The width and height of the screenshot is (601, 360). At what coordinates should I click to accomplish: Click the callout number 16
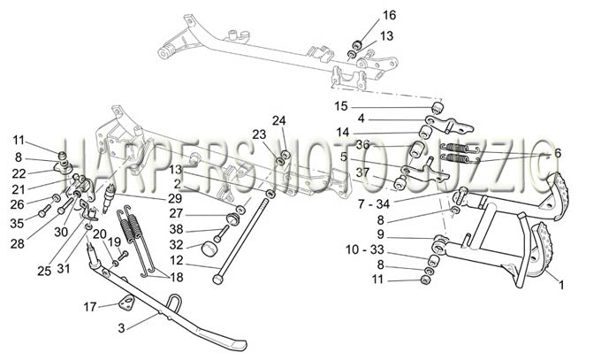tap(389, 15)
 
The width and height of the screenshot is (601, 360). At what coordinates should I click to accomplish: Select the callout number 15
tap(341, 106)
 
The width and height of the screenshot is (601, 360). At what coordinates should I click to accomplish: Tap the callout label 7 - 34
tap(374, 204)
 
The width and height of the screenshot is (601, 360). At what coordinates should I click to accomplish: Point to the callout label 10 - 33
tap(364, 249)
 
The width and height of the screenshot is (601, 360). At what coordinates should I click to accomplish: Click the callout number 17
tap(90, 307)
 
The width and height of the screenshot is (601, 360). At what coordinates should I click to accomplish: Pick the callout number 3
tap(121, 328)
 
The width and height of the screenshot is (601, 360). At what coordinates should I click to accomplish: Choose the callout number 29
tap(175, 198)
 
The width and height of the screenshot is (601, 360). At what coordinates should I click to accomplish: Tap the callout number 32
tap(176, 244)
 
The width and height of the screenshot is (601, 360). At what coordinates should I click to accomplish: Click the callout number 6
tap(558, 153)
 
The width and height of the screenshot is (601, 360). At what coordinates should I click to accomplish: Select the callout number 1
tap(561, 285)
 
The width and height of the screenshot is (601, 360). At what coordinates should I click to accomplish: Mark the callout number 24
tap(279, 120)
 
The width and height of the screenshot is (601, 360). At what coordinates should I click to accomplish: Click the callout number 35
tap(17, 223)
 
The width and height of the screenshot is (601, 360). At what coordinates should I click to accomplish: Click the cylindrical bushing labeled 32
tap(209, 249)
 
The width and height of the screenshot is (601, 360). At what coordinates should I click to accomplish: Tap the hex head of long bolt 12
tap(217, 280)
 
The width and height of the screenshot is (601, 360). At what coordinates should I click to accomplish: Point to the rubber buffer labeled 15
tap(437, 109)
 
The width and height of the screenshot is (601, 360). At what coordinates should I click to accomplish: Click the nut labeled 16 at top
tap(357, 45)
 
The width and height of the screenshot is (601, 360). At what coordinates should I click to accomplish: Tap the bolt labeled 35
tap(44, 210)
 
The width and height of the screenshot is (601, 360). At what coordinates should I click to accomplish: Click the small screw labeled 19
tap(124, 255)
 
